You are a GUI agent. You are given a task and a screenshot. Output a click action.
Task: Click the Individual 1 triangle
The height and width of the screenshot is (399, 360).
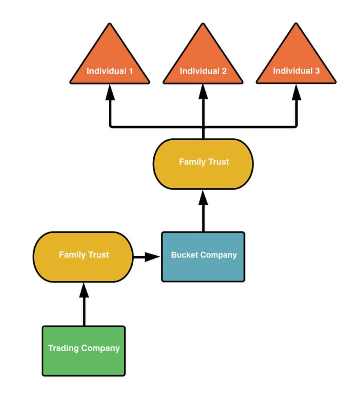click(x=110, y=62)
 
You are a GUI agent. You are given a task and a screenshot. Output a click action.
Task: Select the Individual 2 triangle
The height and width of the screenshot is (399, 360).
click(x=203, y=62)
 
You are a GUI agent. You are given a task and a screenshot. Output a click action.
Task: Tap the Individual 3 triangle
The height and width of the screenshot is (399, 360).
click(x=296, y=62)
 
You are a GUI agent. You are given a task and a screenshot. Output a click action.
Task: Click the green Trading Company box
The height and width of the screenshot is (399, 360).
click(x=84, y=351)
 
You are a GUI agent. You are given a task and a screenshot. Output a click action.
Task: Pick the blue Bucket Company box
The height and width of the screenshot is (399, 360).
click(x=203, y=256)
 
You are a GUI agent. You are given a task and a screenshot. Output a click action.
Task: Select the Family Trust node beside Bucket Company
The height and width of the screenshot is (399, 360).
click(x=83, y=257)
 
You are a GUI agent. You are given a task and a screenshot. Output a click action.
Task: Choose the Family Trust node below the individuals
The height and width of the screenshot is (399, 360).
click(x=203, y=164)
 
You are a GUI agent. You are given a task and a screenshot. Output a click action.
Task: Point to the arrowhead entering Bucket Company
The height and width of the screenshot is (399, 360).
click(x=152, y=257)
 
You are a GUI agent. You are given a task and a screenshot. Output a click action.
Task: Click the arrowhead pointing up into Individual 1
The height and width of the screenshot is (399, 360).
click(x=110, y=92)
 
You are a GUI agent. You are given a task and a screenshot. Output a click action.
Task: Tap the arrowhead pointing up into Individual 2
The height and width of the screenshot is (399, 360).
click(x=203, y=92)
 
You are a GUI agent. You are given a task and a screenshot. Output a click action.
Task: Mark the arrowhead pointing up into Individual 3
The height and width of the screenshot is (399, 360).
click(x=296, y=92)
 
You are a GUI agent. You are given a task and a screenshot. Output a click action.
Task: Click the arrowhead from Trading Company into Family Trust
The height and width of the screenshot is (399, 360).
click(x=84, y=290)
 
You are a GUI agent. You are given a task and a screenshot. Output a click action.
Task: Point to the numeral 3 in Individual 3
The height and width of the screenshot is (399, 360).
click(x=318, y=71)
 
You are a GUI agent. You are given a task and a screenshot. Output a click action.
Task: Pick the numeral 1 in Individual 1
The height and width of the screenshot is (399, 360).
click(x=131, y=71)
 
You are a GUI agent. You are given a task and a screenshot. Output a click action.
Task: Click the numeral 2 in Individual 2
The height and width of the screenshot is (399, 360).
click(x=224, y=71)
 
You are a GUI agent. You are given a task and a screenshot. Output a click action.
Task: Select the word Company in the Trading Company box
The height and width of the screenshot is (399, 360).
click(x=101, y=348)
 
